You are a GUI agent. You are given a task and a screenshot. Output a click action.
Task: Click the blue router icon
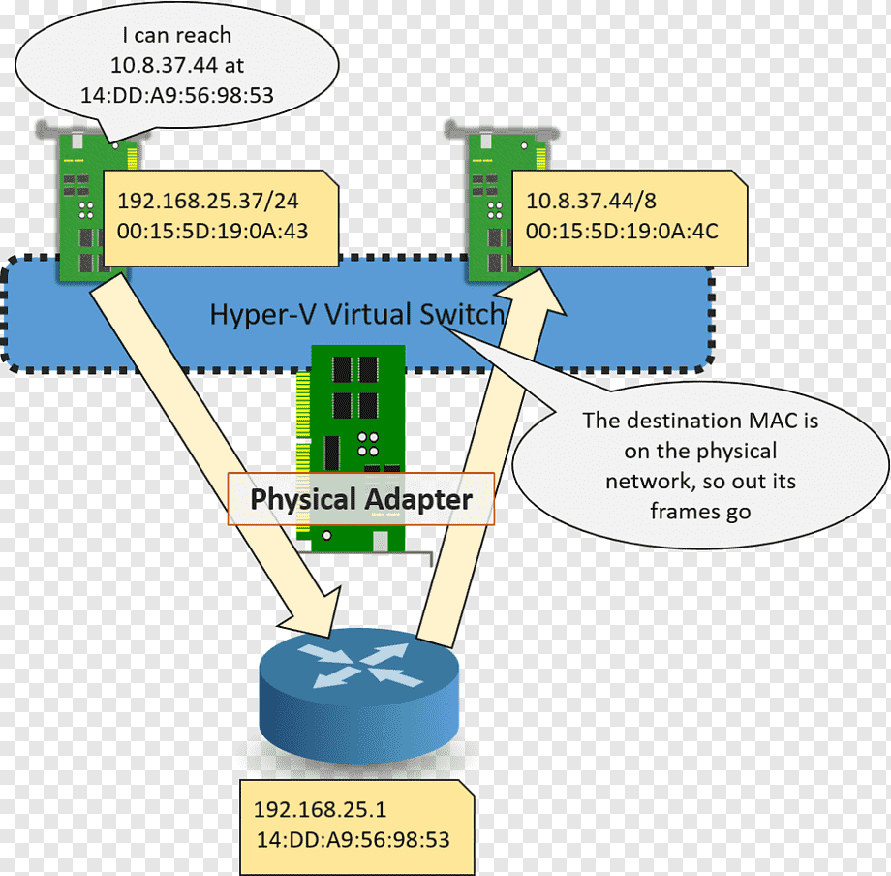click(358, 695)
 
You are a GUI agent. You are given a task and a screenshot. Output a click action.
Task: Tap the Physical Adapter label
click(361, 499)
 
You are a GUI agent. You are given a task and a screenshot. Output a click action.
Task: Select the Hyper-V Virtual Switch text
click(356, 314)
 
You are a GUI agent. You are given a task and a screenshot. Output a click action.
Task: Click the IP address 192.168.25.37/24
click(208, 201)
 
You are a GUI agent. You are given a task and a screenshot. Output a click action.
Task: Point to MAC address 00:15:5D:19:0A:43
click(212, 231)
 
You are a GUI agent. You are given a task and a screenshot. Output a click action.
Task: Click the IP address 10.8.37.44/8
click(591, 201)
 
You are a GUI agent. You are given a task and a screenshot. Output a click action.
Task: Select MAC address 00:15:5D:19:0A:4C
click(622, 231)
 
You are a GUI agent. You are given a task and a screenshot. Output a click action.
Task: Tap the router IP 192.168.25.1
click(320, 809)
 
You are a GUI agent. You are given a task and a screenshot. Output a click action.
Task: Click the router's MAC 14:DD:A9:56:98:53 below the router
click(353, 839)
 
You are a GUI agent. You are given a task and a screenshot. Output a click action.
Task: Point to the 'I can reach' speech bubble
click(176, 64)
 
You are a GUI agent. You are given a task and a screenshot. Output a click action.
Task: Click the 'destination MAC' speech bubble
click(700, 465)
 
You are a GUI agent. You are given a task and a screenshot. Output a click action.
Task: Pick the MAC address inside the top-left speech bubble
click(176, 95)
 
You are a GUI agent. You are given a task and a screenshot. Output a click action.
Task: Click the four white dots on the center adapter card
click(368, 444)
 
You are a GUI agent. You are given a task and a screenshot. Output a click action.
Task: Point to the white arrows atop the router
click(359, 664)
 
